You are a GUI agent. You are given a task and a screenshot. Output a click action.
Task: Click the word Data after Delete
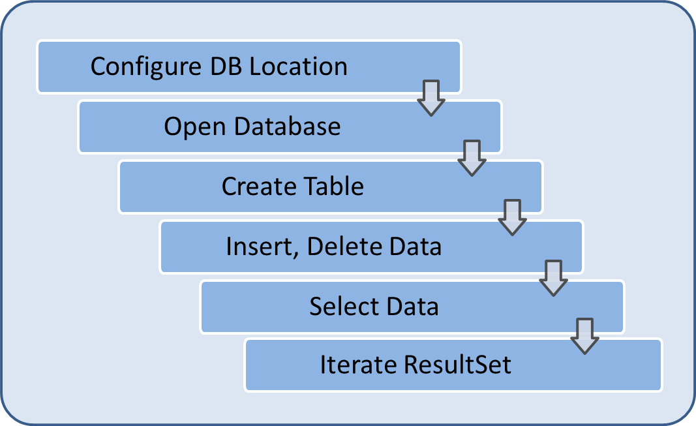click(x=416, y=247)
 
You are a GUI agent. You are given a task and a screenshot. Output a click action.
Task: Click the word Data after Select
click(x=412, y=307)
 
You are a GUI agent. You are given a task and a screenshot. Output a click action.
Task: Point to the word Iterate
click(x=350, y=365)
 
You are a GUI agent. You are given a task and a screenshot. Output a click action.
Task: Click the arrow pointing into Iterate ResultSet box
click(x=584, y=335)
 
